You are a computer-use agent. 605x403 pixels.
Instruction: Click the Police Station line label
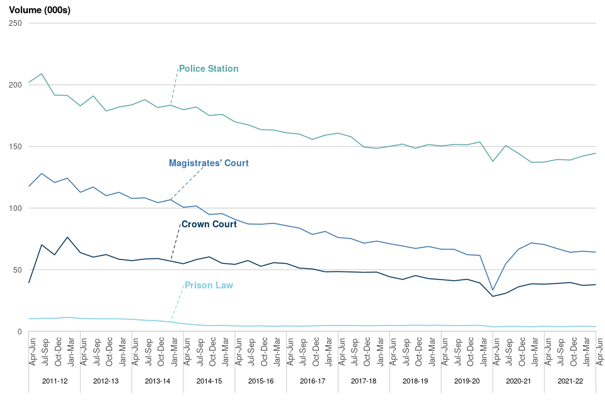coord(209,69)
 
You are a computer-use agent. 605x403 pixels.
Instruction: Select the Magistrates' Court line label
coord(209,163)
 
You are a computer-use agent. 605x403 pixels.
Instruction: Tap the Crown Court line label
coord(209,224)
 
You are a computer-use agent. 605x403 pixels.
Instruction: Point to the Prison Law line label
coord(209,285)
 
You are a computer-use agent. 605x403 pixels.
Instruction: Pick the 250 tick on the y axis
coord(15,23)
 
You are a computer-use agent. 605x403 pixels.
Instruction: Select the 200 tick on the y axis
coord(15,85)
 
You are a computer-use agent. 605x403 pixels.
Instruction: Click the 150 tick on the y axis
coord(15,147)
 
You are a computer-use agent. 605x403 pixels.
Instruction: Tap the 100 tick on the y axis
coord(15,208)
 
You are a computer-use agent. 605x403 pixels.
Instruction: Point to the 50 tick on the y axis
coord(17,270)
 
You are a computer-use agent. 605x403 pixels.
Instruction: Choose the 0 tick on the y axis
coord(20,332)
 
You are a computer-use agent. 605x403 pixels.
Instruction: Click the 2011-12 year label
coord(54,382)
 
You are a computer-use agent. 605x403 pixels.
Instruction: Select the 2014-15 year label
coord(209,382)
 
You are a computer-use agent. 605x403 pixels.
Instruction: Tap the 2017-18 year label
coord(364,382)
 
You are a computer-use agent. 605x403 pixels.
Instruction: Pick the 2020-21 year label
coord(519,382)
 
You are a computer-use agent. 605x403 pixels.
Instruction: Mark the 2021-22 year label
coord(570,382)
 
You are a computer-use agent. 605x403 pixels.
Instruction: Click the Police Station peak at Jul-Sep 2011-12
coord(42,74)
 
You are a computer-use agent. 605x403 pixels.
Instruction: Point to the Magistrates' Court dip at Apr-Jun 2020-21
coord(493,290)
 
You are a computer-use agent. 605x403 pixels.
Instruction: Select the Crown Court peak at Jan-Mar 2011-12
coord(67,237)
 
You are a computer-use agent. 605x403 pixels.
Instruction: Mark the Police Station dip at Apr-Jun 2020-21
coord(493,161)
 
